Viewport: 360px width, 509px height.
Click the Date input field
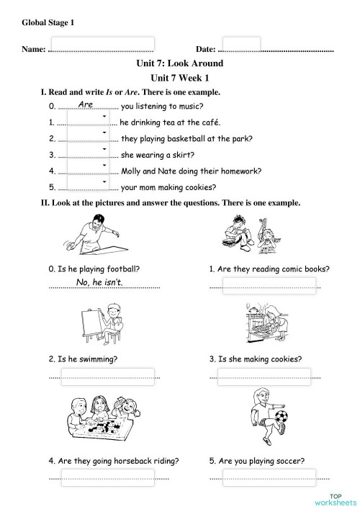246,45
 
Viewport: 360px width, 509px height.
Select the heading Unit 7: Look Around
179,64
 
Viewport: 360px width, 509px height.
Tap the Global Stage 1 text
48,23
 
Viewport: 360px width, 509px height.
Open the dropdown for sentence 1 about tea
87,120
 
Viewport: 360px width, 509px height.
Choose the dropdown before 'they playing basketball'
87,137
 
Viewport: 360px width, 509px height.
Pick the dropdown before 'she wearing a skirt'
87,153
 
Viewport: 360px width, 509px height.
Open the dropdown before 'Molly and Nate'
87,170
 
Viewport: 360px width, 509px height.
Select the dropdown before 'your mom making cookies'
87,186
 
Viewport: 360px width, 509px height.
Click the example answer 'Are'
86,105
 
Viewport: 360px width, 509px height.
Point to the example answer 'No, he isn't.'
99,282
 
